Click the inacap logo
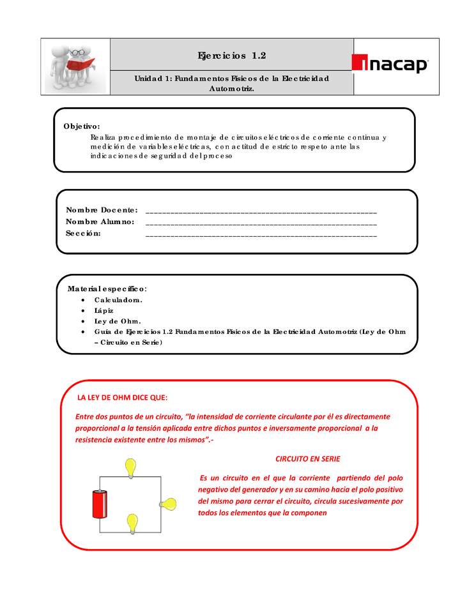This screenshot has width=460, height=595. [390, 64]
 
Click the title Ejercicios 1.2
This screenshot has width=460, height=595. [232, 56]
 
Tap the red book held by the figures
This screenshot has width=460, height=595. [81, 64]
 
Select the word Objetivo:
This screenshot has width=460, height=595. [82, 126]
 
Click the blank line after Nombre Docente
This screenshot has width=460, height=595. [261, 211]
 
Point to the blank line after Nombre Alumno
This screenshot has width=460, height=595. [261, 223]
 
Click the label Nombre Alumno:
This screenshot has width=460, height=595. [100, 222]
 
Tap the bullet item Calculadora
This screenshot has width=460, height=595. [118, 299]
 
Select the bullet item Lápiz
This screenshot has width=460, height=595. [104, 310]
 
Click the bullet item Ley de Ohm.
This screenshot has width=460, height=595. [117, 321]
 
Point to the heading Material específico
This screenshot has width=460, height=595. [107, 289]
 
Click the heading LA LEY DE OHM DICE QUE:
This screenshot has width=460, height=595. [122, 397]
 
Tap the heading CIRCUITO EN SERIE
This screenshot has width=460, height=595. [307, 459]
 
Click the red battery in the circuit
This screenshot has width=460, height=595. [99, 504]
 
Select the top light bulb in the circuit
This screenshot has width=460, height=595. [131, 467]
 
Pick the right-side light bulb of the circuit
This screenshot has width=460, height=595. [169, 504]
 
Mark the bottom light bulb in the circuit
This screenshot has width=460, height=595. [133, 523]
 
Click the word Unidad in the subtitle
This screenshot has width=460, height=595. [148, 79]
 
